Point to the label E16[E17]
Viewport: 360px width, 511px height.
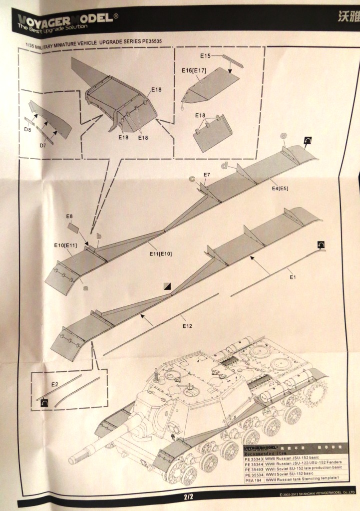click(x=194, y=71)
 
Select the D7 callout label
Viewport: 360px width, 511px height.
click(x=45, y=145)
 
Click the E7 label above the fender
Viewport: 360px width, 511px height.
click(x=207, y=175)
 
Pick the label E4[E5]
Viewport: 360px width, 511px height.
click(x=281, y=188)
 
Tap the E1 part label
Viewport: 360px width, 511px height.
click(x=293, y=276)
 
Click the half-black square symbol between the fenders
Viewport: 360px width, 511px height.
click(x=167, y=286)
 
